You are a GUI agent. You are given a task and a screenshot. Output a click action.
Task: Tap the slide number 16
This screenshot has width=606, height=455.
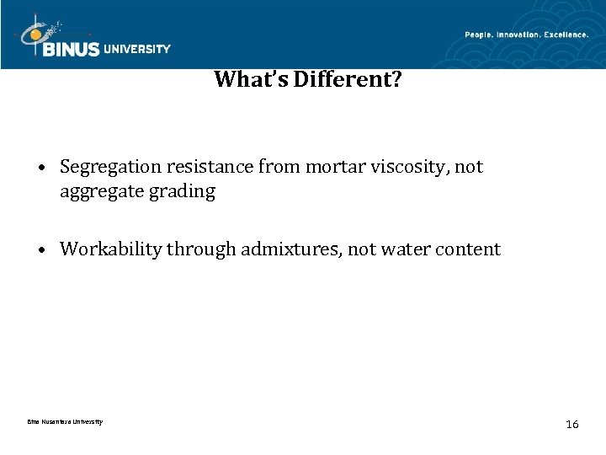point(572,424)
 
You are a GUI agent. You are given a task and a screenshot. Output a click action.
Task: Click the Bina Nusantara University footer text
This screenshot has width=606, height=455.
point(64,421)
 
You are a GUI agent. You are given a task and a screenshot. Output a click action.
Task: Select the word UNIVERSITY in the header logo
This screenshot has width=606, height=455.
point(136,49)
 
